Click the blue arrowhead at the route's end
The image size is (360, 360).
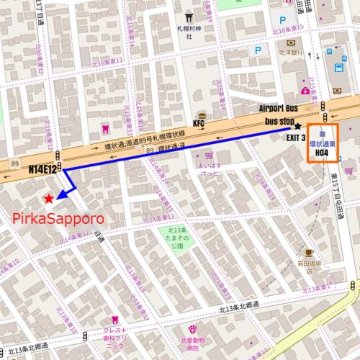coord(60,194)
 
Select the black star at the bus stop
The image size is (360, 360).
coord(297,126)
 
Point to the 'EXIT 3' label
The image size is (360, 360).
coord(296,138)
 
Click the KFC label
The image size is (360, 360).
coord(199,124)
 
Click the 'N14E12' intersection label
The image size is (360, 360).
coord(42,169)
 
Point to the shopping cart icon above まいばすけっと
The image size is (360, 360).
coord(208,155)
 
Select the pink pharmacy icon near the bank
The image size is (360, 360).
coord(305,91)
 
